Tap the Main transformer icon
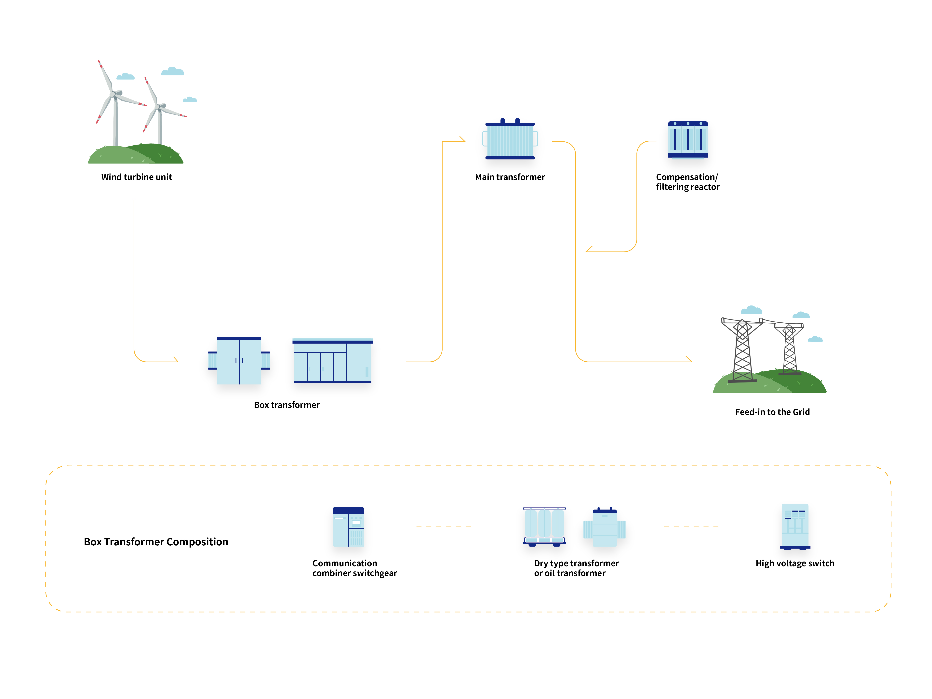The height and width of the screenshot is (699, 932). [x=510, y=140]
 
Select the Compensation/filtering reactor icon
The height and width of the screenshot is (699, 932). [x=688, y=140]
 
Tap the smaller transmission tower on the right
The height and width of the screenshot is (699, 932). [x=789, y=349]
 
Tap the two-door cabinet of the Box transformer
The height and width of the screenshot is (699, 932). [x=239, y=360]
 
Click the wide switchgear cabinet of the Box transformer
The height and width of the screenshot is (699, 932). [x=332, y=360]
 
